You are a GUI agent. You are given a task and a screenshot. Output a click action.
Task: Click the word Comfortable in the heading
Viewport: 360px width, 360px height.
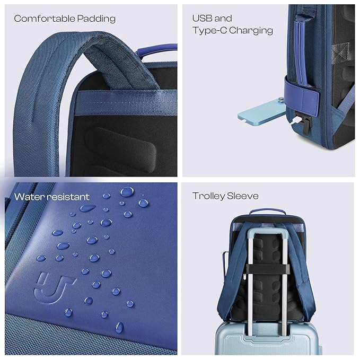(x=45, y=19)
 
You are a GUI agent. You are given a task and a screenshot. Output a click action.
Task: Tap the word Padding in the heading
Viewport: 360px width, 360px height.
(x=96, y=19)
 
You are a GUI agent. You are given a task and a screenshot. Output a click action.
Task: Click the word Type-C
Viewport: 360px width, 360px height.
(x=209, y=31)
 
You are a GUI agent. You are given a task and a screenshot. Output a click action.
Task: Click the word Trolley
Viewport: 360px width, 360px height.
(x=208, y=196)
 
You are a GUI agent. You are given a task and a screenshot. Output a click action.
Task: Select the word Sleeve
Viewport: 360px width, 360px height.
(x=243, y=196)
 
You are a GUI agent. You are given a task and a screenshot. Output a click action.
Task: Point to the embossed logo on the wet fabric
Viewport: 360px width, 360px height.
(x=54, y=287)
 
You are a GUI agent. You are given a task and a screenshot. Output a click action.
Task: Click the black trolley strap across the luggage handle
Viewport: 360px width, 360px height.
(x=267, y=269)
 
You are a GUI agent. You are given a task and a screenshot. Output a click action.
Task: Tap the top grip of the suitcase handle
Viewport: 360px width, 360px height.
(x=267, y=232)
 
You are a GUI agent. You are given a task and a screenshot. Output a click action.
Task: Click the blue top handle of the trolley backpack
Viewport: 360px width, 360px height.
(x=267, y=211)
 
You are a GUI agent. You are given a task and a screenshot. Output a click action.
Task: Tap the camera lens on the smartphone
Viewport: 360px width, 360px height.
(x=280, y=100)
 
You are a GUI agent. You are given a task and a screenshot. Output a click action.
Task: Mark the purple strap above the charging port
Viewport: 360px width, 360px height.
(x=301, y=96)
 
